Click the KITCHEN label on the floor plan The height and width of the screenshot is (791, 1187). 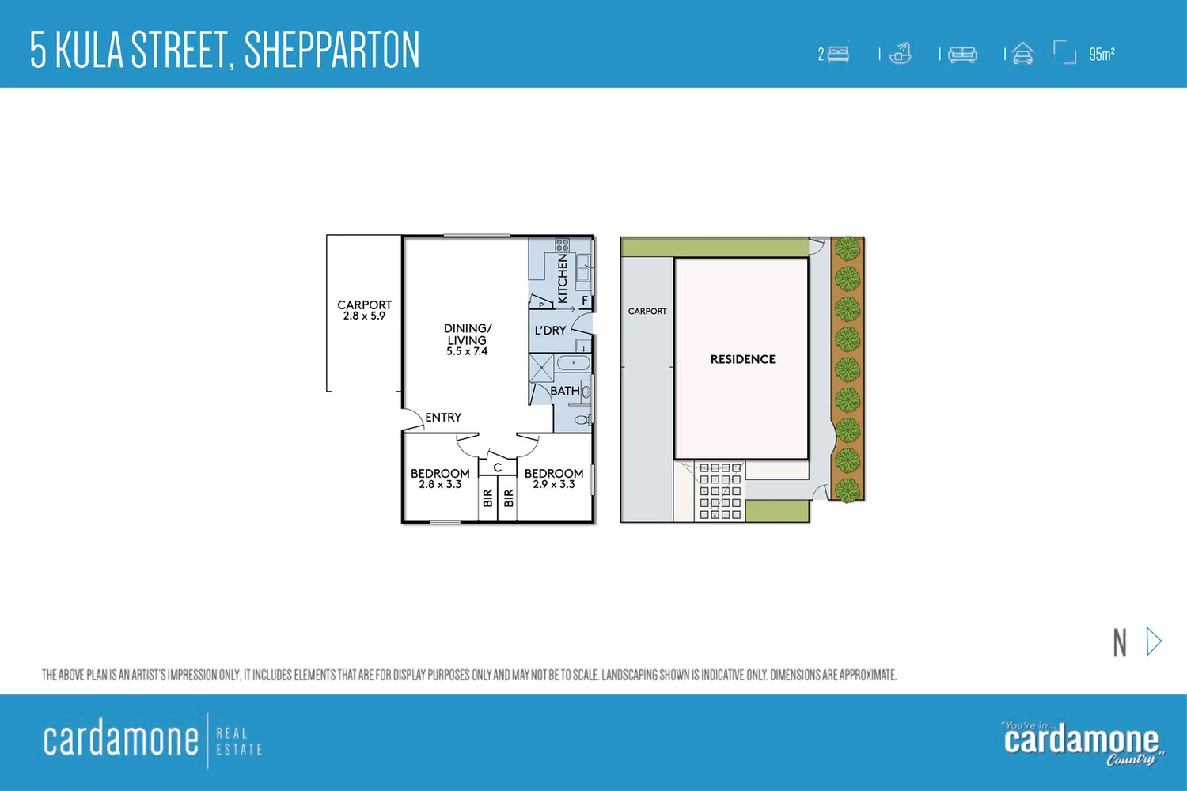[x=563, y=278]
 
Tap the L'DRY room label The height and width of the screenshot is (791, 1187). [x=550, y=331]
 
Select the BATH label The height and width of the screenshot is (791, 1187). [x=564, y=391]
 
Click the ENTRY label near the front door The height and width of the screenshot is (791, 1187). [x=443, y=418]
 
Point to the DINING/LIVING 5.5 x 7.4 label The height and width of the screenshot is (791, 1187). [x=467, y=339]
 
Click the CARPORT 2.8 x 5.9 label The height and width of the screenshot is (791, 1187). [x=364, y=310]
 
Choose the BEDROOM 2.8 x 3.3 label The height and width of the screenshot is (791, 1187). [x=440, y=479]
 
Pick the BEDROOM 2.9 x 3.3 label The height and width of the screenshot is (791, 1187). [x=554, y=479]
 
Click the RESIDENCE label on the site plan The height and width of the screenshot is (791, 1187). [x=742, y=359]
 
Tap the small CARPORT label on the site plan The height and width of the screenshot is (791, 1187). [x=647, y=312]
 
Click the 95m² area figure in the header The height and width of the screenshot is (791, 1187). [x=1102, y=54]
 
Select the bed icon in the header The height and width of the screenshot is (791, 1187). [x=838, y=54]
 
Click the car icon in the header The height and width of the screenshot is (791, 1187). [x=1022, y=54]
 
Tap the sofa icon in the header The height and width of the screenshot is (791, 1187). [x=962, y=54]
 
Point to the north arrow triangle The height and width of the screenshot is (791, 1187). [x=1154, y=642]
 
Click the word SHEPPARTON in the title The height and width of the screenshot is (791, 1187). [x=332, y=50]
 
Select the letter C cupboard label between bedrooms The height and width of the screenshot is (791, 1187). [x=498, y=467]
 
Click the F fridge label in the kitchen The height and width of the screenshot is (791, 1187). [x=585, y=301]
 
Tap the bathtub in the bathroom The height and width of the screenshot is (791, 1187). [x=573, y=364]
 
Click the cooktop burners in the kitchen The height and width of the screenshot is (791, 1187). [x=562, y=245]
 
